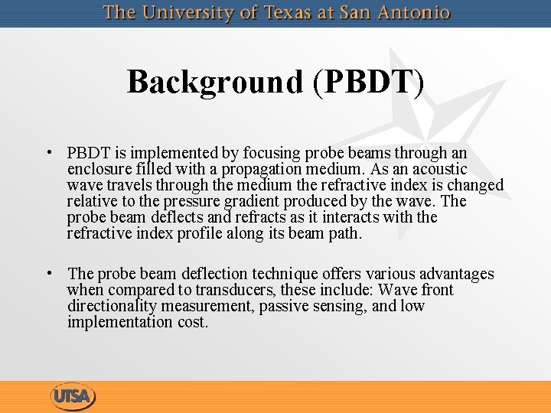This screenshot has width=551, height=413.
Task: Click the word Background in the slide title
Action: (215, 82)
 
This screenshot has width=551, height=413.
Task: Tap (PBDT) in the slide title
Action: (367, 82)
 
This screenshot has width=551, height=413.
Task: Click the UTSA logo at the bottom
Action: (73, 397)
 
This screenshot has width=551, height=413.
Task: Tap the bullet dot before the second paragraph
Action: (48, 272)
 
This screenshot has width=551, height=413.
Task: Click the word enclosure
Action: (100, 169)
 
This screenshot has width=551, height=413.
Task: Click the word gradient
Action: (252, 201)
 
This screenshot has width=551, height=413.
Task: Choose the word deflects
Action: (170, 217)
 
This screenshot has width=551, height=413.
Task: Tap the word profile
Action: (197, 233)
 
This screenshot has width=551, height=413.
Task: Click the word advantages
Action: (457, 274)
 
